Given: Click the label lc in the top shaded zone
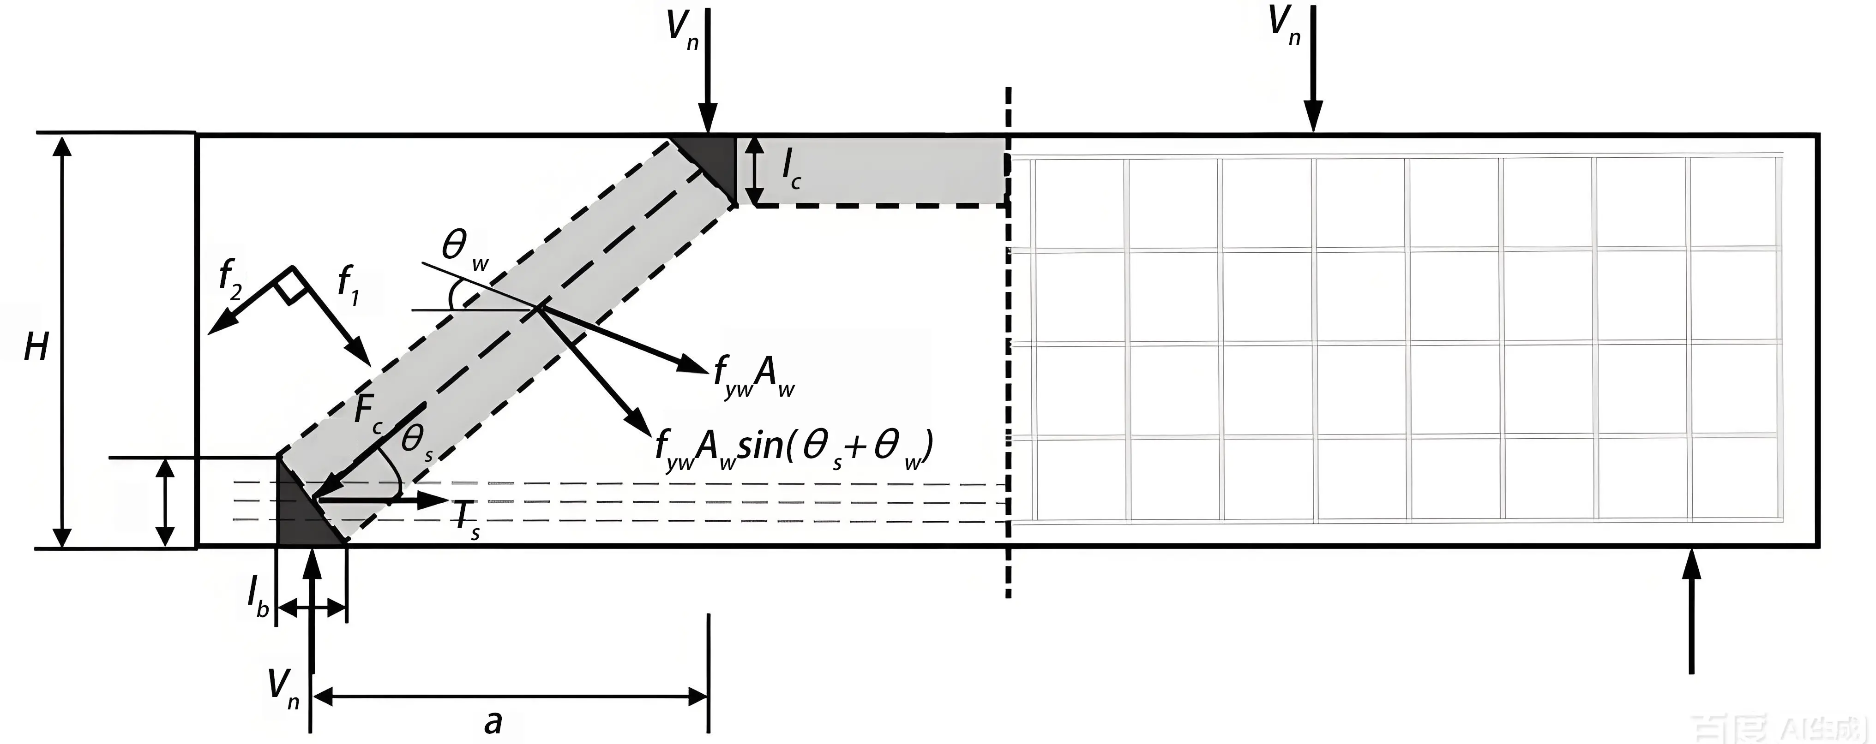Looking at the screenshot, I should point(791,170).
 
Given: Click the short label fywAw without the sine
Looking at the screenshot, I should point(754,379).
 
